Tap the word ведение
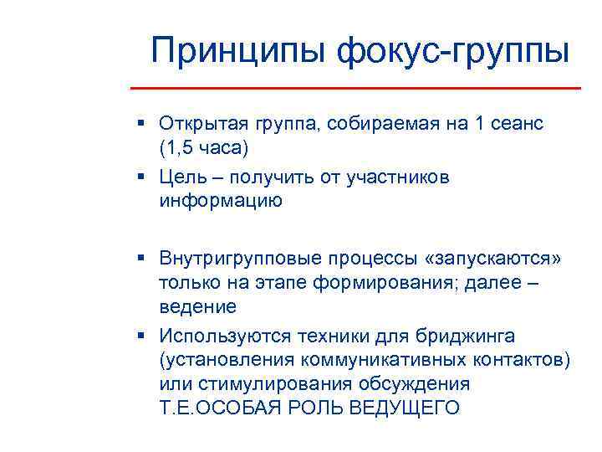click(198, 306)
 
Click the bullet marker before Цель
click(143, 177)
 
